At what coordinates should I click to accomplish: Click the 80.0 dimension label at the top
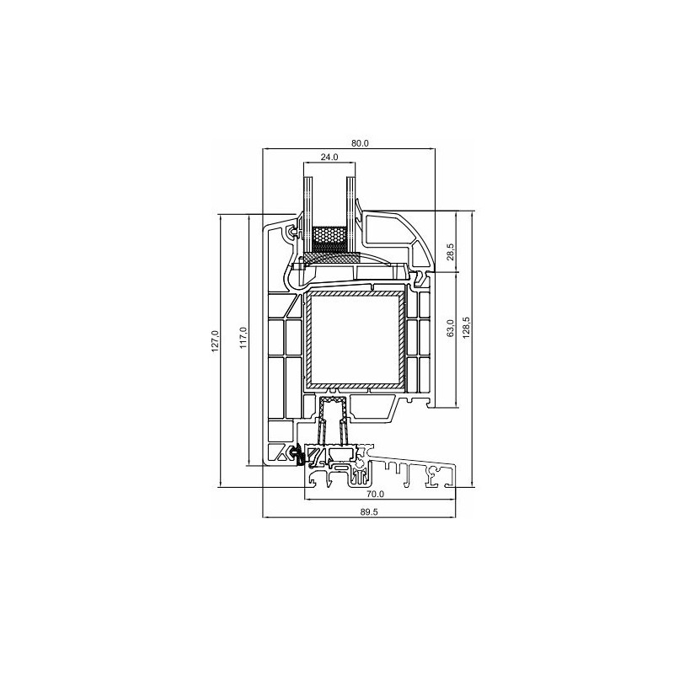(x=360, y=143)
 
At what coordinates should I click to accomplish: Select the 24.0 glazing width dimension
(x=329, y=158)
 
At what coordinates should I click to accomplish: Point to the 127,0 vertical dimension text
(x=216, y=342)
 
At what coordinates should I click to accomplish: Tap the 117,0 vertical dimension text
(x=243, y=338)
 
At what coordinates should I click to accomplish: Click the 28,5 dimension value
(x=451, y=251)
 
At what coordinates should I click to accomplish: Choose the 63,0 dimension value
(x=451, y=328)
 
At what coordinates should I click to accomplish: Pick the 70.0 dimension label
(x=375, y=495)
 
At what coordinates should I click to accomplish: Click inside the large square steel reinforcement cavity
(x=355, y=340)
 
